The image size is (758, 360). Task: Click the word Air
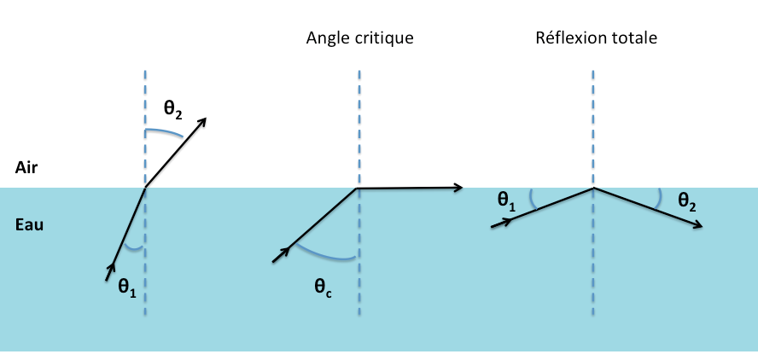pos(26,168)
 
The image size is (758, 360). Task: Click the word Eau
pos(29,226)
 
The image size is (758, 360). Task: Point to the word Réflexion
pos(568,38)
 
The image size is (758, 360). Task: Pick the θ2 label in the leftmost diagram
pos(173,109)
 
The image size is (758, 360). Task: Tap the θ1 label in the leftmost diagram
pos(127,287)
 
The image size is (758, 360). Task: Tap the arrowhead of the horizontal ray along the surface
pos(458,188)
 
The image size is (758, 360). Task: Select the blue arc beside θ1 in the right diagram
pos(532,200)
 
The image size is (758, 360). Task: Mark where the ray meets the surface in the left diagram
pos(146,187)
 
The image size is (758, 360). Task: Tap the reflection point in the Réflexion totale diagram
pos(593,188)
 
